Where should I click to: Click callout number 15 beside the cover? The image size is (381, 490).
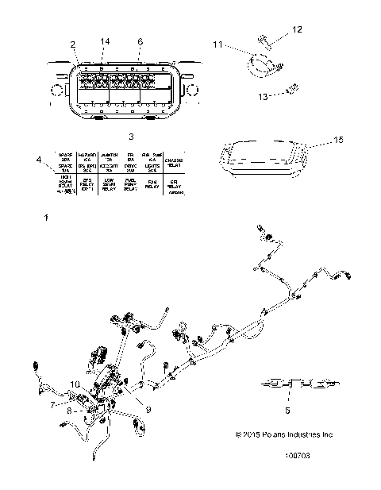[317, 141]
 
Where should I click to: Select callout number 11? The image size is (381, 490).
[217, 47]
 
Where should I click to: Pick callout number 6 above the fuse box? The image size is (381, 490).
[140, 41]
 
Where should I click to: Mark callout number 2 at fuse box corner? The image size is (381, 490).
[72, 44]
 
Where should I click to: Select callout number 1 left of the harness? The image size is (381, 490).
[47, 216]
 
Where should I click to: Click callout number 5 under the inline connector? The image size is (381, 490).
[287, 410]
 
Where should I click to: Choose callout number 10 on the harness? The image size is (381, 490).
[74, 384]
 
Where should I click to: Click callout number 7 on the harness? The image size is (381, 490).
[54, 404]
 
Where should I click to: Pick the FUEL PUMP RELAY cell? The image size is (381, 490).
[130, 186]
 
